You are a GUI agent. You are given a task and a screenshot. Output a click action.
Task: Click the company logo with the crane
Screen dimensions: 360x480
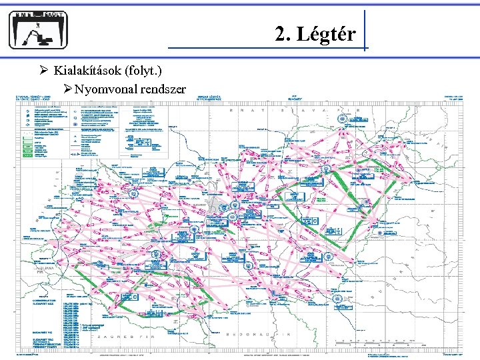pos(39,30)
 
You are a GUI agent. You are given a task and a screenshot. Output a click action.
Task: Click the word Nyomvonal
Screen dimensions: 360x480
pos(106,88)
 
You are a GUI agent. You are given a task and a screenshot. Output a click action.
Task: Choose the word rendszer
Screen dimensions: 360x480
pos(162,88)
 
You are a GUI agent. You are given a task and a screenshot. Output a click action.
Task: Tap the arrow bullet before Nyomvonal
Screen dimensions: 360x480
pos(68,88)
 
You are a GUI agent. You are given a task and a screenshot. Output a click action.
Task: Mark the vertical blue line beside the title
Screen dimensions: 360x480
pos(365,30)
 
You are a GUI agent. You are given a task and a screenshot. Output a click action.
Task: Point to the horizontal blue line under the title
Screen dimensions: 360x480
pos(267,49)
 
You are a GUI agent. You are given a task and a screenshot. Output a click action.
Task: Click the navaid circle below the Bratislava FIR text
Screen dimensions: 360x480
pos(341,119)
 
